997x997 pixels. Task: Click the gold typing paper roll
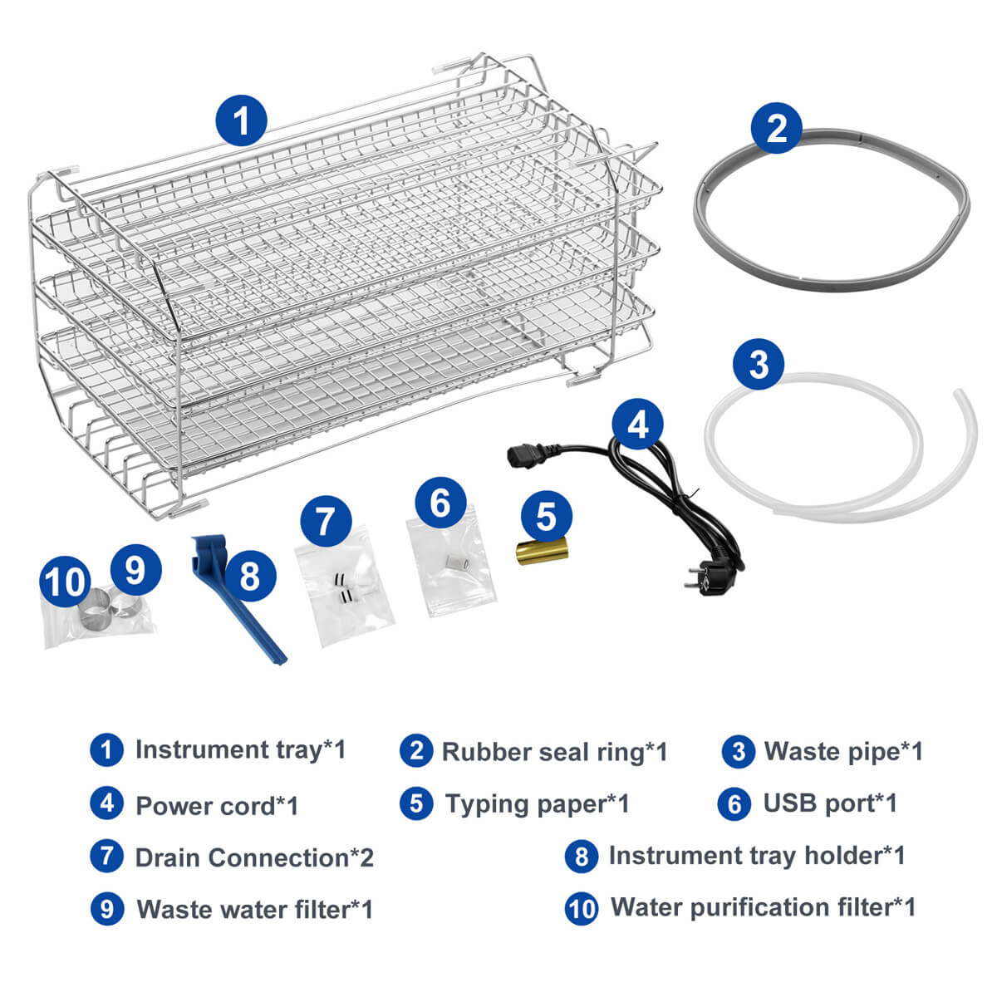click(x=542, y=551)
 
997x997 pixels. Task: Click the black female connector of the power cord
click(x=523, y=456)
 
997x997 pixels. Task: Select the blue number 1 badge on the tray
click(x=242, y=120)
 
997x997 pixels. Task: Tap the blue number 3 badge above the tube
click(x=759, y=364)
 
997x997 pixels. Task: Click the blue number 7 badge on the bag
click(x=326, y=520)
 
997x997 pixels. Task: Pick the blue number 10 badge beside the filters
click(x=65, y=582)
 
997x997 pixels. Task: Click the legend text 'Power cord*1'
click(x=218, y=806)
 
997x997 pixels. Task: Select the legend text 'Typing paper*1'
click(x=538, y=804)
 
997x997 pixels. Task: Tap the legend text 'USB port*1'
click(x=830, y=803)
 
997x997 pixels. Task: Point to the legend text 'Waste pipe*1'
click(x=843, y=752)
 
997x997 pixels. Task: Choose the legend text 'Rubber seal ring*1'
click(x=555, y=753)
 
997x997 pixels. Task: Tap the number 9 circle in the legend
click(x=107, y=909)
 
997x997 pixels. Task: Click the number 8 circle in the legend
click(x=582, y=857)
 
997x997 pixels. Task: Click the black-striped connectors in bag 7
click(x=340, y=588)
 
